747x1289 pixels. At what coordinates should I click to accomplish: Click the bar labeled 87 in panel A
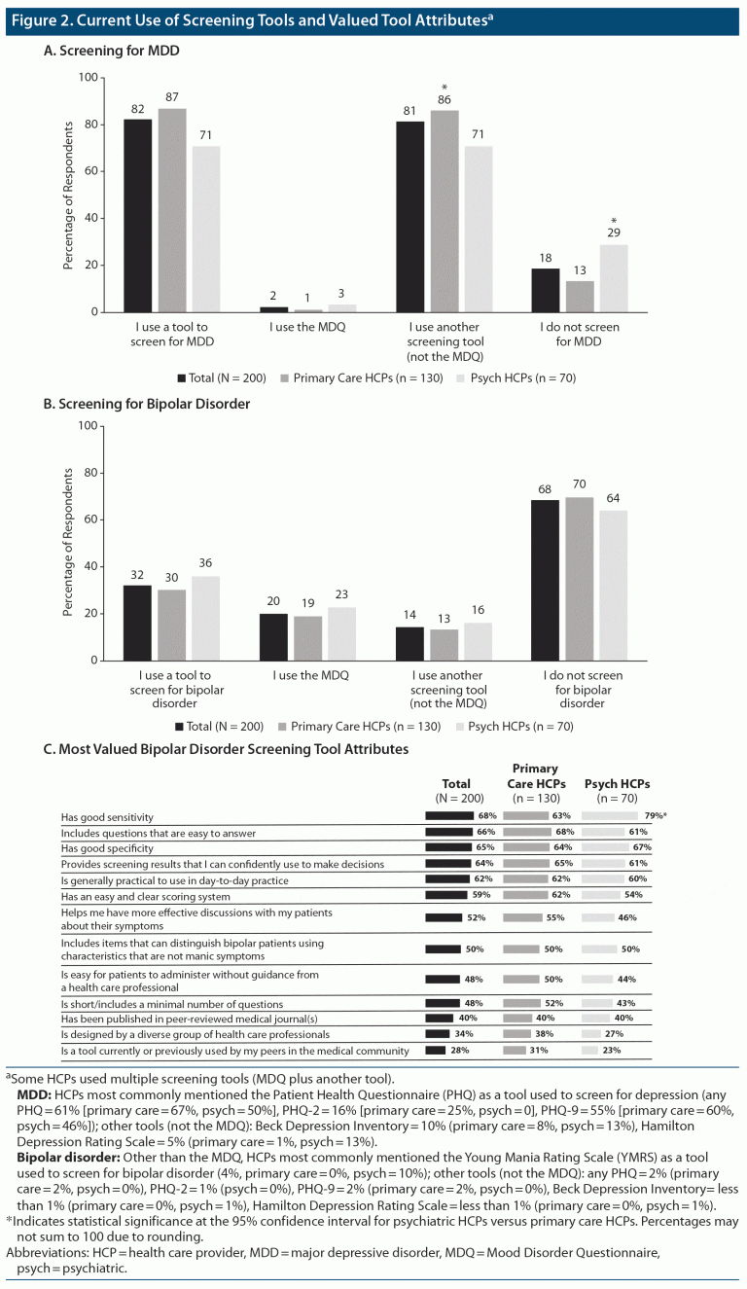click(172, 209)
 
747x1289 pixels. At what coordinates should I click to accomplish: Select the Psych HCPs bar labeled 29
click(615, 277)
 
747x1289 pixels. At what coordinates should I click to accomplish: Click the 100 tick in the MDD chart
click(88, 77)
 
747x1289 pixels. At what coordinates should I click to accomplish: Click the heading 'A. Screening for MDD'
click(112, 49)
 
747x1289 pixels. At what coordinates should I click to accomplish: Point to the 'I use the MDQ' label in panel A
click(308, 328)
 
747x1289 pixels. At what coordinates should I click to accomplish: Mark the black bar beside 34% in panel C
click(437, 1033)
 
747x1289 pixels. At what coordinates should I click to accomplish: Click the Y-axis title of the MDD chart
click(69, 195)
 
